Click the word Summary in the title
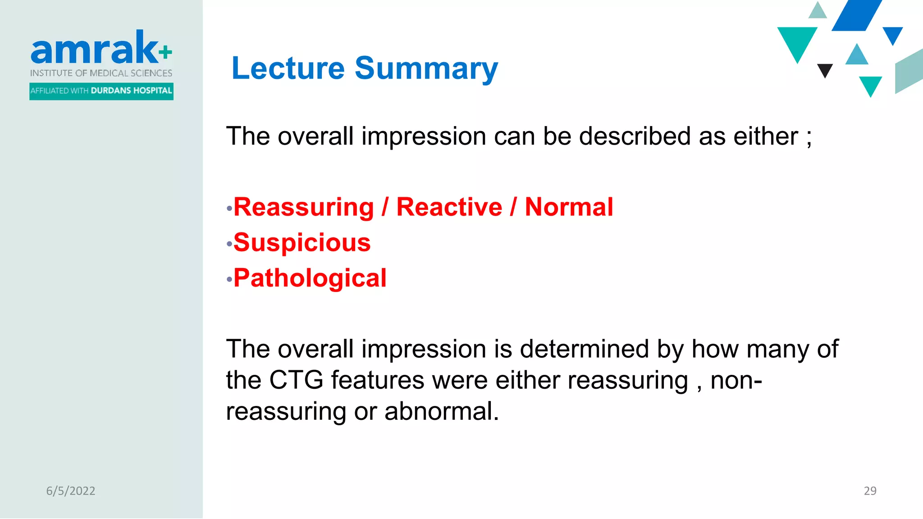pos(426,68)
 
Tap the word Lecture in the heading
pos(288,68)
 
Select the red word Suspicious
pos(302,243)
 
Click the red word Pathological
pos(310,278)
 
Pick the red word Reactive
pos(449,207)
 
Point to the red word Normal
pos(569,207)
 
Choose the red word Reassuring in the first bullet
pos(304,207)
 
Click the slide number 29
pos(870,491)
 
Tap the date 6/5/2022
pos(71,491)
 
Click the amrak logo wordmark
pos(95,49)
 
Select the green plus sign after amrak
pos(165,52)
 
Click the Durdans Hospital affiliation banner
pos(101,91)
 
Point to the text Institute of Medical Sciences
pos(101,73)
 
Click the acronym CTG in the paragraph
pos(296,380)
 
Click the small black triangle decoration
pos(825,70)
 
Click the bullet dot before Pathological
pos(229,280)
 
